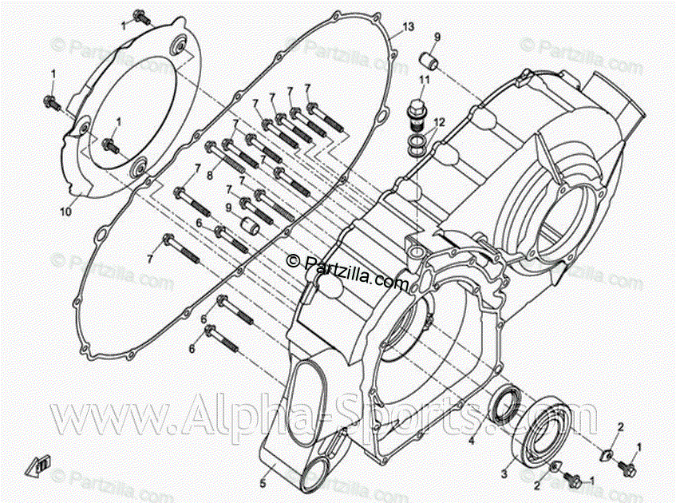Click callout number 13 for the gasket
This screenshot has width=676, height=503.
click(409, 27)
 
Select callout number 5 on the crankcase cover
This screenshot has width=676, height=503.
click(263, 483)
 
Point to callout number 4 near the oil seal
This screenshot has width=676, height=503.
click(472, 440)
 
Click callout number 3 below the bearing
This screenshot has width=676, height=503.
click(504, 473)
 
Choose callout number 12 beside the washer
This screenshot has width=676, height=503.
click(438, 121)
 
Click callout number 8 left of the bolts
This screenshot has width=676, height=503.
click(210, 175)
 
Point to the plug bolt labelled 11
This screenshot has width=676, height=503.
click(416, 113)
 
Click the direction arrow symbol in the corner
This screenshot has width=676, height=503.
click(38, 464)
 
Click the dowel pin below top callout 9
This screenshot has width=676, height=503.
click(430, 61)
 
